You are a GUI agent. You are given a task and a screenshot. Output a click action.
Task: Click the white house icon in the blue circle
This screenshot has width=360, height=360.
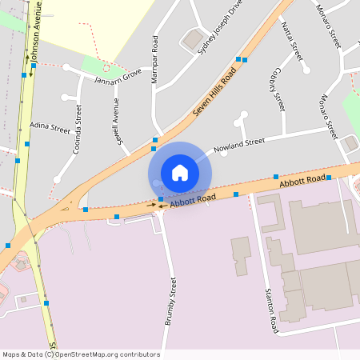(x=180, y=172)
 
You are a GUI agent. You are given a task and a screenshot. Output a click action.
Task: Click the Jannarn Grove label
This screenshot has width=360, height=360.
(x=118, y=76)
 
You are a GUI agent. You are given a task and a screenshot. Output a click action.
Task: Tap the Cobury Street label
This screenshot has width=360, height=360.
(x=278, y=91)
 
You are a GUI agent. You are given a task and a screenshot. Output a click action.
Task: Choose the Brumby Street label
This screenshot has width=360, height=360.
(x=170, y=302)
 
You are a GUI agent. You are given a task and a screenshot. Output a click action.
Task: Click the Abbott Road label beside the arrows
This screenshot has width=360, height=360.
(x=193, y=200)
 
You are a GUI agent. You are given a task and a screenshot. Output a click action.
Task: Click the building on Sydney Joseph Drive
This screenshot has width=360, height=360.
(x=193, y=37)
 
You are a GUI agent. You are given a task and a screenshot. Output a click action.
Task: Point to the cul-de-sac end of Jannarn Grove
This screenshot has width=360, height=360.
(x=67, y=68)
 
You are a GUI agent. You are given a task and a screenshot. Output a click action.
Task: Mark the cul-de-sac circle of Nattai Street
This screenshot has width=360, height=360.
(x=306, y=70)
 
